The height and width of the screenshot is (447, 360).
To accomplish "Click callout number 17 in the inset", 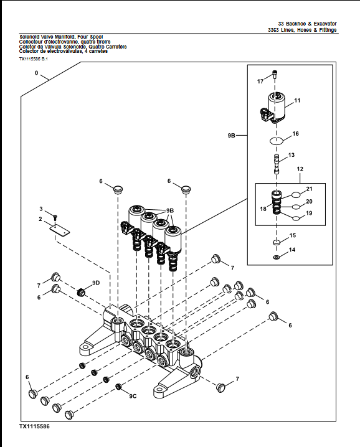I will coord(260,82).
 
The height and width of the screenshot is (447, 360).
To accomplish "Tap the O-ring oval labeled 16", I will coord(278,141).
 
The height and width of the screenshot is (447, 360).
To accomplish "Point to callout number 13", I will coord(291,155).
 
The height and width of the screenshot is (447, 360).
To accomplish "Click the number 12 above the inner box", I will coord(300,169).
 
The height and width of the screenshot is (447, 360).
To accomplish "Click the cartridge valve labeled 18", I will coord(274,204).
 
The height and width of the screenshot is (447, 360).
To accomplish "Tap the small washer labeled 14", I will coord(275,257).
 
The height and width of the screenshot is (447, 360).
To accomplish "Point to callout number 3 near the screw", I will coord(41,209).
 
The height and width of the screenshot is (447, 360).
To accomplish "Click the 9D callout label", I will coord(95,283).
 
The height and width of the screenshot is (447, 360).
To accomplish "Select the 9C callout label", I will coord(133,396).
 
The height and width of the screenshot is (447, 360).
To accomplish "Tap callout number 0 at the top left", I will coord(37,73).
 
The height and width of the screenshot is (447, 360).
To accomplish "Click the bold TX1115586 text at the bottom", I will coord(34,427).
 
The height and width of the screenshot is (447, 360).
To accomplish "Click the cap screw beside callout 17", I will coord(275,77).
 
